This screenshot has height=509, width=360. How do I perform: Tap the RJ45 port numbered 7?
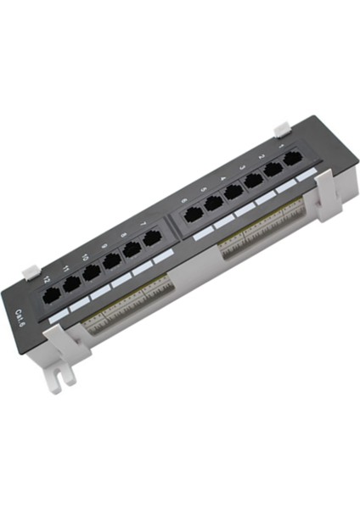(x=152, y=238)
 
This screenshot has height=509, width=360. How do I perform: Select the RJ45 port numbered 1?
(x=293, y=159)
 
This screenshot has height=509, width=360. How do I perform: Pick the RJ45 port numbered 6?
(x=193, y=215)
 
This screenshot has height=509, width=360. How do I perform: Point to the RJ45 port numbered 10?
(x=92, y=272)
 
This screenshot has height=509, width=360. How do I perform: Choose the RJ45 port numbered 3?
(x=253, y=181)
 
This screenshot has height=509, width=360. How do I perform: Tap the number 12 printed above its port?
(x=47, y=277)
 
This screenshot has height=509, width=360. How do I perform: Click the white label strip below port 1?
(x=306, y=173)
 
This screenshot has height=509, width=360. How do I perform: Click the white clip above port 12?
(x=30, y=273)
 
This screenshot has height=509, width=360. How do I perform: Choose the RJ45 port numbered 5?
(x=212, y=204)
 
